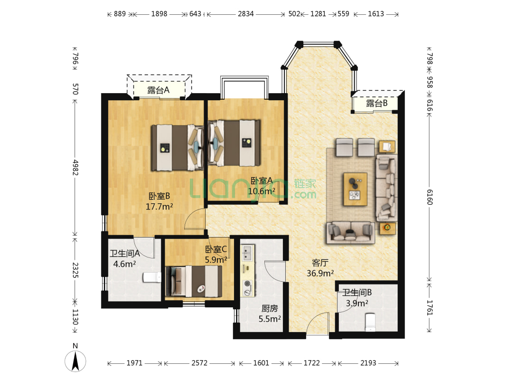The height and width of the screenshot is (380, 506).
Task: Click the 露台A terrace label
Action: (x=158, y=90)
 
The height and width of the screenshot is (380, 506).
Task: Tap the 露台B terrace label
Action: (x=376, y=104)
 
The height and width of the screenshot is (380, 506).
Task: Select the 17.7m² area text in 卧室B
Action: (x=159, y=207)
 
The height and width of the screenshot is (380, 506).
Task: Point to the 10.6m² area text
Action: (x=262, y=191)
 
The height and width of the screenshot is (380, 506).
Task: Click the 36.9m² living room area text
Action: (x=320, y=274)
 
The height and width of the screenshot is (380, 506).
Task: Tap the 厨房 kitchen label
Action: (x=270, y=308)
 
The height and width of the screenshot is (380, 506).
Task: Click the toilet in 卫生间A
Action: (x=152, y=277)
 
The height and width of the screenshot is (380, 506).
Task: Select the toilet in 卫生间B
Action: (x=370, y=322)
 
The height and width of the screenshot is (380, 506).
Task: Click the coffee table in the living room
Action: (x=356, y=189)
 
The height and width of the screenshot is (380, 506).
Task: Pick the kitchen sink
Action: (x=248, y=253)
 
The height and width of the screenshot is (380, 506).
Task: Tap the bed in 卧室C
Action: (x=194, y=281)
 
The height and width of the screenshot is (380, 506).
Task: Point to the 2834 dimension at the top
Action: (x=246, y=14)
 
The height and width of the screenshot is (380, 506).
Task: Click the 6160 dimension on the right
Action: (x=430, y=197)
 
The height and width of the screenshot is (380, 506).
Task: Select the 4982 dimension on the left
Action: (x=75, y=167)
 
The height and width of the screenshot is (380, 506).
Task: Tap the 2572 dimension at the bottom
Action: (x=199, y=363)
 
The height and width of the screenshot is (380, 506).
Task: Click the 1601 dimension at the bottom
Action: (x=261, y=363)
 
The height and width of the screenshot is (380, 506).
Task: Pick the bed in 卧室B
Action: (x=177, y=148)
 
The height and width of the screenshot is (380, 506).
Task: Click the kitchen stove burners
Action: (x=248, y=288)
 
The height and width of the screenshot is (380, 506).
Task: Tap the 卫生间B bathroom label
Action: (x=357, y=293)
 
